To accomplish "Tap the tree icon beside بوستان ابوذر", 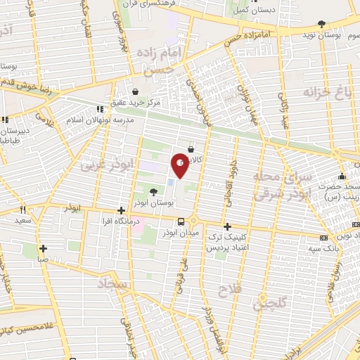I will (154, 191).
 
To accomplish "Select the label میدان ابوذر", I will (181, 232).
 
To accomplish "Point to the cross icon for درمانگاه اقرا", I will (121, 210).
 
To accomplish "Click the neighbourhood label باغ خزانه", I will (326, 92).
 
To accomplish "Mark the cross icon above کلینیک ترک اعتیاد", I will (227, 226).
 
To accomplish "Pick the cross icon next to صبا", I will (44, 248).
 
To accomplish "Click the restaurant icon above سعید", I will (23, 209).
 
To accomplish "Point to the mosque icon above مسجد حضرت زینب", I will (341, 175).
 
